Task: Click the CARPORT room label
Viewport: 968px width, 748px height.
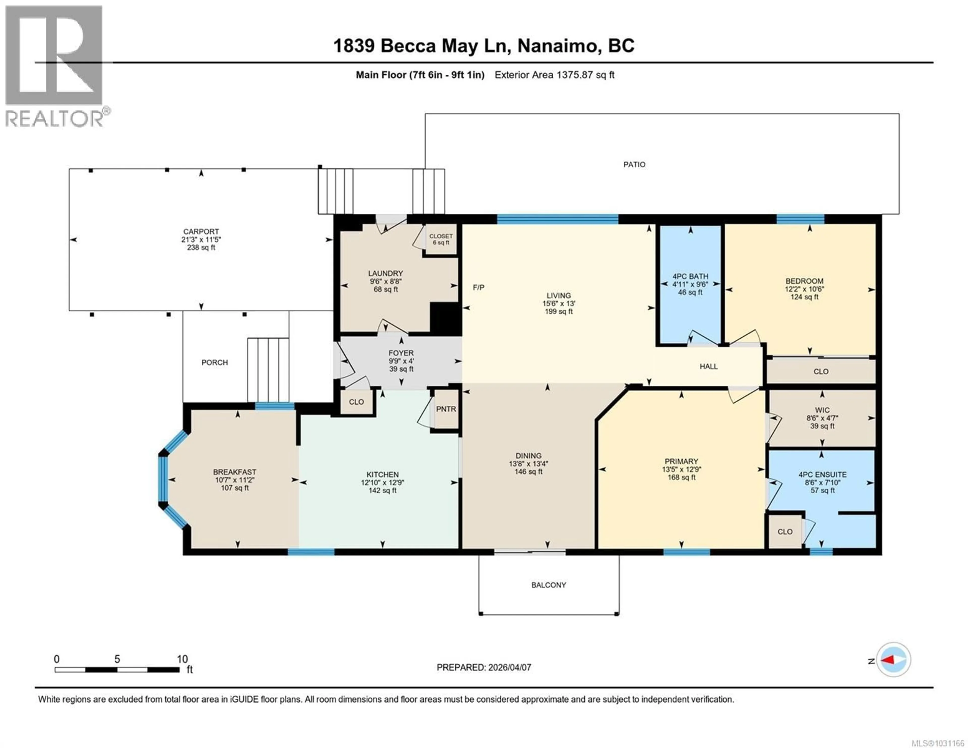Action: pos(201,231)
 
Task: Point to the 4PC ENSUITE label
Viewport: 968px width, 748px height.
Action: pos(822,474)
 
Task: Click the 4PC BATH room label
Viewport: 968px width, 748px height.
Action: pos(690,276)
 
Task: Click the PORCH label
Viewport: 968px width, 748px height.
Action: pos(215,362)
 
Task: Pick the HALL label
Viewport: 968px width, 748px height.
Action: pos(708,366)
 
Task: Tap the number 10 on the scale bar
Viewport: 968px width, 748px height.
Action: pos(182,659)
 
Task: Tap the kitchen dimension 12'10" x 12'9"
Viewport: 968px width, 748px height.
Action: pos(382,483)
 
